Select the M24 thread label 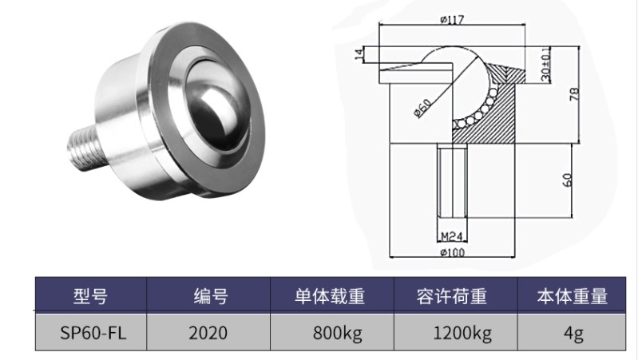(452, 236)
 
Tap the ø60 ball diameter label (423, 107)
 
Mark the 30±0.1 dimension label (546, 62)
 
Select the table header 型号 (89, 297)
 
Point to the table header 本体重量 (573, 297)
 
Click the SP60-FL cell (89, 332)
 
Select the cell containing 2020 (208, 332)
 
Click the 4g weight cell (572, 332)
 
